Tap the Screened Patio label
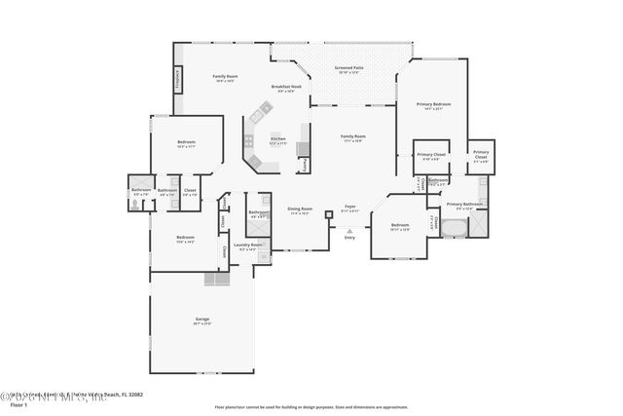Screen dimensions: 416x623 coord(348,68)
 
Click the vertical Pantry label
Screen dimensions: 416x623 coord(306,166)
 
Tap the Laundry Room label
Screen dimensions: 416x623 coord(248,246)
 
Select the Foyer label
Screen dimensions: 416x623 coord(350,207)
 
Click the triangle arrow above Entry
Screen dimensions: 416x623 coord(349,228)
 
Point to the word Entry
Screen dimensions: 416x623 coord(349,237)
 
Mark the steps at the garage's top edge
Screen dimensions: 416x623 coord(216,279)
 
